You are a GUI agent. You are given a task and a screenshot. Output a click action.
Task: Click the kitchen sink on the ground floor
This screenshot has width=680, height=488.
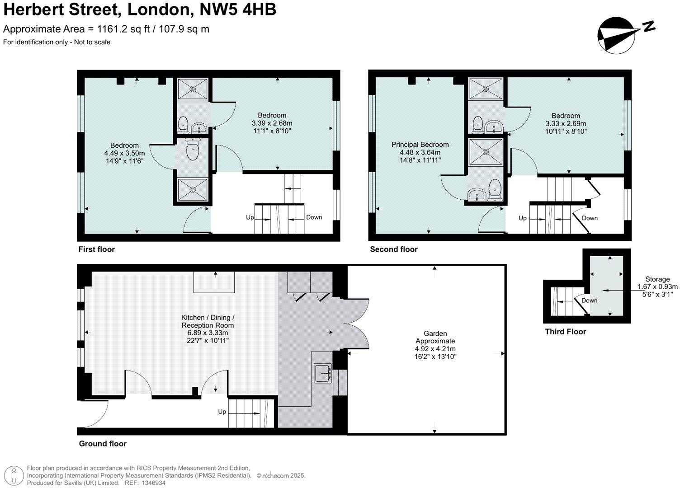323,373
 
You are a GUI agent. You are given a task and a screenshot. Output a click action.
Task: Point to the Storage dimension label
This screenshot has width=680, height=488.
657,286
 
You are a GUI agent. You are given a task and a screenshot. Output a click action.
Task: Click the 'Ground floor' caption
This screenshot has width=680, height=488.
103,444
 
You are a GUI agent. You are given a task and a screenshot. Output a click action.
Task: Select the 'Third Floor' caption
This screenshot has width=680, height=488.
565,332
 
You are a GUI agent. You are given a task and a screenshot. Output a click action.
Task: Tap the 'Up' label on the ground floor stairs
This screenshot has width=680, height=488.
222,412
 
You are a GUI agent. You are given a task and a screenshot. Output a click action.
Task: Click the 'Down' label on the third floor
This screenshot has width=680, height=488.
589,300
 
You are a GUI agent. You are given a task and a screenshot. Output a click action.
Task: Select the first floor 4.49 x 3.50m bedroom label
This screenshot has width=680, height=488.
124,153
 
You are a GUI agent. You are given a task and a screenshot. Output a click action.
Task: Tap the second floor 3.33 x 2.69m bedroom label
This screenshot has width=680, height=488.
566,123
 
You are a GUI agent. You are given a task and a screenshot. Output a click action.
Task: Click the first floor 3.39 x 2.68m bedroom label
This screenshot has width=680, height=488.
272,123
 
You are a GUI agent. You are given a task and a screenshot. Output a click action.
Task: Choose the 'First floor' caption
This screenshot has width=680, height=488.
96,249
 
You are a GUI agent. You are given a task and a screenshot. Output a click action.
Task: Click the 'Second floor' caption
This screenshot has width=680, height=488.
393,249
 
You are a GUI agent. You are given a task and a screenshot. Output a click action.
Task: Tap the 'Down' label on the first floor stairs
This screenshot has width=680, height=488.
314,217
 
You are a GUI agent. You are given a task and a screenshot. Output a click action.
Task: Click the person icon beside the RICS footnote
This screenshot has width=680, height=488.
14,476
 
